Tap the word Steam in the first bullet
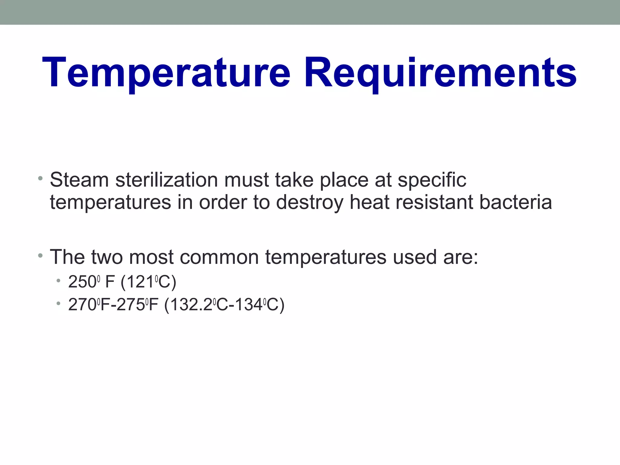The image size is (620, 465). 79,180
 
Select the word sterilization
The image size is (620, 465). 167,180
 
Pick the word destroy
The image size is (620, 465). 310,203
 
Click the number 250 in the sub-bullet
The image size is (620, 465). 82,282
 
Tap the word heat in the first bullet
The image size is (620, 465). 369,202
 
